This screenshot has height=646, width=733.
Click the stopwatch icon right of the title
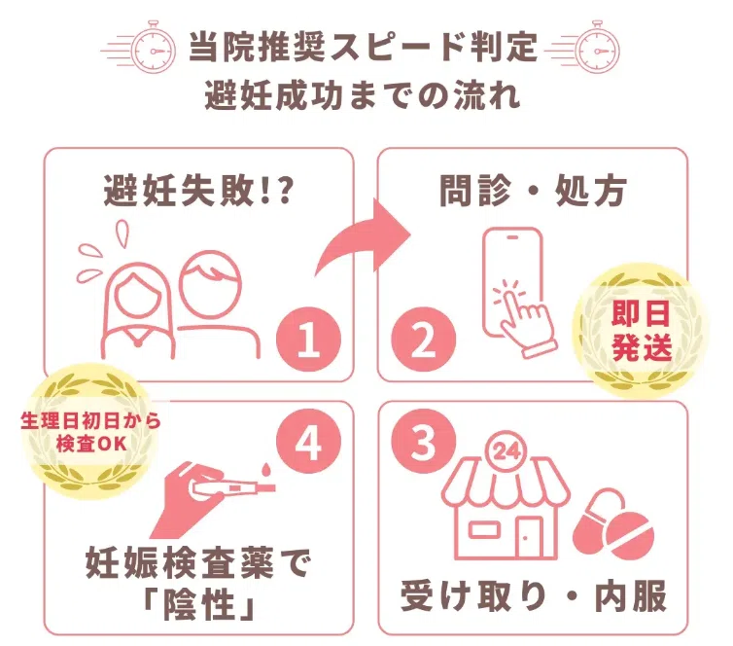[597, 48]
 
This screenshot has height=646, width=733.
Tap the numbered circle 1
[308, 339]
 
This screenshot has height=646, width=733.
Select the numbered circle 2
[423, 339]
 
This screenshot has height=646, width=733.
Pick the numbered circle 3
[423, 441]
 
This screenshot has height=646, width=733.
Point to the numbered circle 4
[308, 441]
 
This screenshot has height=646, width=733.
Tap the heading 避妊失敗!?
[198, 191]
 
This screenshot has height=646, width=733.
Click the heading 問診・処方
[533, 191]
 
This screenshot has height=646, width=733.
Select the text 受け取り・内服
[534, 596]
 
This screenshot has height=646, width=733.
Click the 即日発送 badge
[641, 330]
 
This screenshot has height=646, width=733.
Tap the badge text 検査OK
[91, 444]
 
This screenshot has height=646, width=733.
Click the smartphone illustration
[512, 281]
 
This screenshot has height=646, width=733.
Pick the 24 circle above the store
[506, 451]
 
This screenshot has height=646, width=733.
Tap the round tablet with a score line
[629, 535]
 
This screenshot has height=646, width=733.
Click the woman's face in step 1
[137, 295]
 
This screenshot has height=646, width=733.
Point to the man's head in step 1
[211, 283]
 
